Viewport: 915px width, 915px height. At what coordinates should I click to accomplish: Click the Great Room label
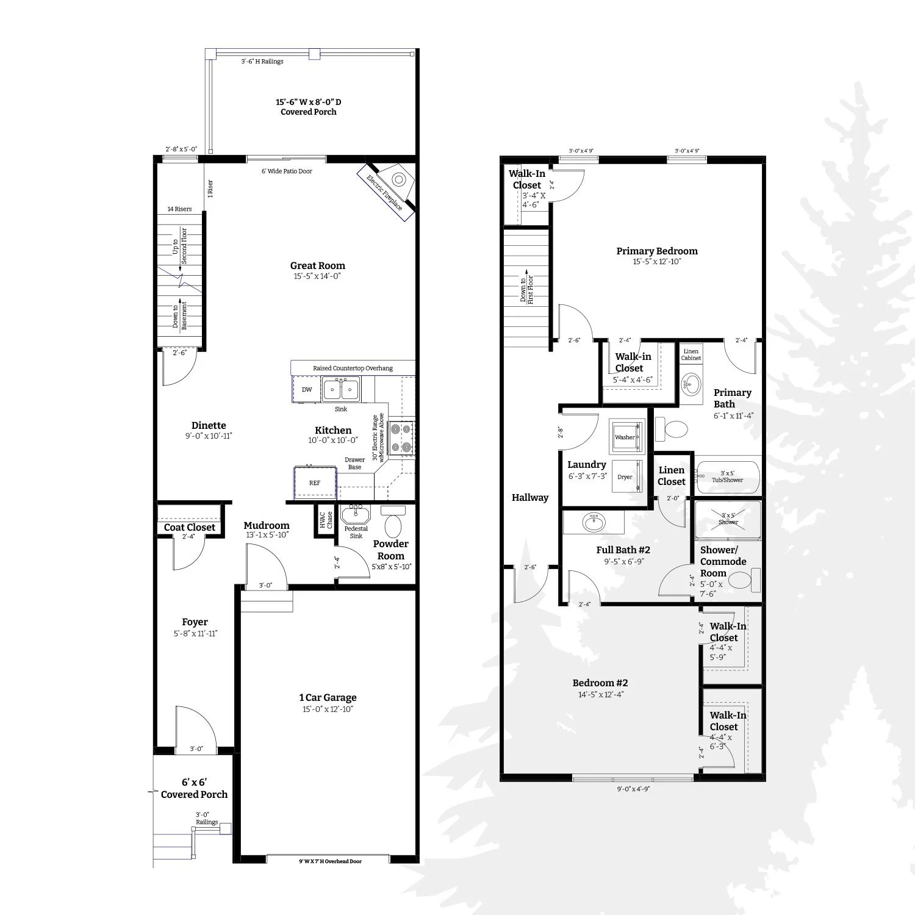[317, 266]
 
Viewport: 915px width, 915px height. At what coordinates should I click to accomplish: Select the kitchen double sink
[341, 389]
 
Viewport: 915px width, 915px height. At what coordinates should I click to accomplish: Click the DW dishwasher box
[307, 389]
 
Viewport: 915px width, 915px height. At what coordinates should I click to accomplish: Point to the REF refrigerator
[315, 483]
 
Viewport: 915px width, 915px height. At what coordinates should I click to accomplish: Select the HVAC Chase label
[326, 520]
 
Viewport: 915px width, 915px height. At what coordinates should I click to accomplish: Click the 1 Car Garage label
[328, 698]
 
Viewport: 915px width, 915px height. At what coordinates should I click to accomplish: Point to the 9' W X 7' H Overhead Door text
[330, 861]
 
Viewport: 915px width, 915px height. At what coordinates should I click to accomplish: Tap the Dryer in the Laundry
[625, 476]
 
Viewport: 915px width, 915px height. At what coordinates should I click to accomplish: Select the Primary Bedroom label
[657, 251]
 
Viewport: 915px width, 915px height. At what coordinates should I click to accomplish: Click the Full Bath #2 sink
[592, 523]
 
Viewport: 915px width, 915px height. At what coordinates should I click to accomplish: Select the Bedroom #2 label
[600, 683]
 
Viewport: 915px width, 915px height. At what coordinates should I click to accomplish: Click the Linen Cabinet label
[691, 354]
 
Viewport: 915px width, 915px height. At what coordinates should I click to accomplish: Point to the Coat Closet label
[190, 528]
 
